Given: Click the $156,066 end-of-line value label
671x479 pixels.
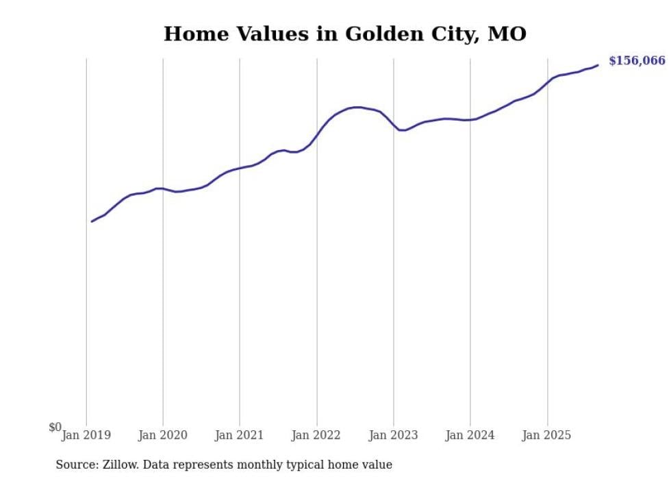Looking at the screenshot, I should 636,61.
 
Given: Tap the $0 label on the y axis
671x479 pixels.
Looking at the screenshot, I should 55,427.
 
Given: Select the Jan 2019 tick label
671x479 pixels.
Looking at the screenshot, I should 86,434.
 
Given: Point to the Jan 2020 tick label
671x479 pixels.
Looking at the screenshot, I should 163,434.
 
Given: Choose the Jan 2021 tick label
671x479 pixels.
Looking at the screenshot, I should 240,434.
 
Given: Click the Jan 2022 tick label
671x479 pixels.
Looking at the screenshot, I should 316,434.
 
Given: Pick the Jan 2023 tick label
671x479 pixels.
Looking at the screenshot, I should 394,434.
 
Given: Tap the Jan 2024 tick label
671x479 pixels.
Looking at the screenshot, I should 470,434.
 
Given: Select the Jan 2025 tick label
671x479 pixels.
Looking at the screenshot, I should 547,434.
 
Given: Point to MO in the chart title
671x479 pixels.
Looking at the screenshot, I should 507,34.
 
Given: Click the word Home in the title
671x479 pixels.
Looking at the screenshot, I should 192,34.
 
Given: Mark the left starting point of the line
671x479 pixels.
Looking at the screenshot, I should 92,221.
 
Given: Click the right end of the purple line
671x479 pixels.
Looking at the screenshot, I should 598,65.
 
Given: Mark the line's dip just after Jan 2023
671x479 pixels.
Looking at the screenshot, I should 403,130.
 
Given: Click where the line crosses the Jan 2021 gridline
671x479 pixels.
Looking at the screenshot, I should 240,168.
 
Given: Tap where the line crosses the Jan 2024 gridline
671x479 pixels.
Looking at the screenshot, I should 470,120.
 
